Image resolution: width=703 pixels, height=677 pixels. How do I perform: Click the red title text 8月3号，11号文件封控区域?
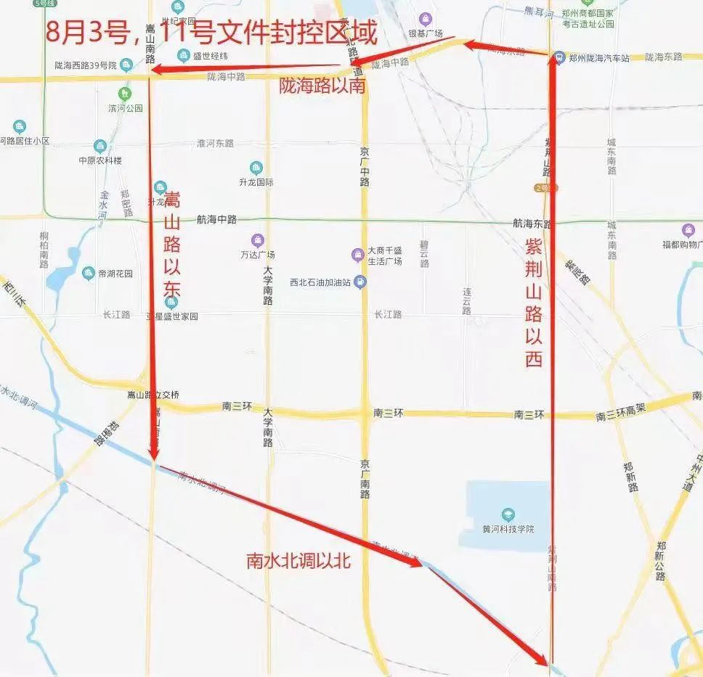[211, 33]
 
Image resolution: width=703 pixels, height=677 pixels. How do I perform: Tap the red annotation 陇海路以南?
[322, 86]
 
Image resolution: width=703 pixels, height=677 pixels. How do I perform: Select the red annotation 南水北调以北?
[299, 561]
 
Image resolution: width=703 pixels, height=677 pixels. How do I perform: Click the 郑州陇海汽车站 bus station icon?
[558, 57]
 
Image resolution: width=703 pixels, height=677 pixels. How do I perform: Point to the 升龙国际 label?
[256, 182]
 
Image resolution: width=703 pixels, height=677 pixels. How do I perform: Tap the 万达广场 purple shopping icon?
[257, 240]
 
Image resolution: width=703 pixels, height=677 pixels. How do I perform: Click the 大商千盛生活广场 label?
[385, 255]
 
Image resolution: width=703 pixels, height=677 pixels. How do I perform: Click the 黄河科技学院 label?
[508, 528]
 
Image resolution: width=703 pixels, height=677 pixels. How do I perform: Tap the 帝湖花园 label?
[115, 274]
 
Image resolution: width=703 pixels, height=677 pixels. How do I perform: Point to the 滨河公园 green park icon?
[126, 94]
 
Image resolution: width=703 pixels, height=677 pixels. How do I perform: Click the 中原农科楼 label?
[100, 160]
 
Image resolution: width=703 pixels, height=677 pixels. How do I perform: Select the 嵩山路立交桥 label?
[153, 395]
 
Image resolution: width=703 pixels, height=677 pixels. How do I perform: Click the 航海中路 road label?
[216, 219]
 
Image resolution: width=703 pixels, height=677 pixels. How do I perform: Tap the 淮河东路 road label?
[215, 144]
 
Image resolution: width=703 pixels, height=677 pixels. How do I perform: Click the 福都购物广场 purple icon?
[688, 230]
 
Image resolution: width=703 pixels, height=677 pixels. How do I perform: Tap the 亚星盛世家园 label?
[172, 316]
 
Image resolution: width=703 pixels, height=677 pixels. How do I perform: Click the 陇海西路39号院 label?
[86, 65]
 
